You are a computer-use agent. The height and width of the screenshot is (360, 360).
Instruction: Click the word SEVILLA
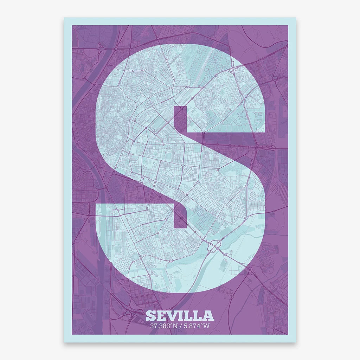point(180,315)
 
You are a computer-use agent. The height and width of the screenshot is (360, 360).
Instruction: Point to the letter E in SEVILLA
point(161,316)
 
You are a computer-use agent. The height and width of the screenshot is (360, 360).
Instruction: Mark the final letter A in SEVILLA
point(208,316)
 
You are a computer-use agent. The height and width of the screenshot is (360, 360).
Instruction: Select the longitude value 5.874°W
point(197,326)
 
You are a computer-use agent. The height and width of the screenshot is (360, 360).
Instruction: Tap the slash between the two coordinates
point(180,326)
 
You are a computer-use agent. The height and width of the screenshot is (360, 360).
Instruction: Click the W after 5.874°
point(207,326)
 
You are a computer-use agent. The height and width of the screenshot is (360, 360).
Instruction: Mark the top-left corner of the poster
point(64,18)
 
